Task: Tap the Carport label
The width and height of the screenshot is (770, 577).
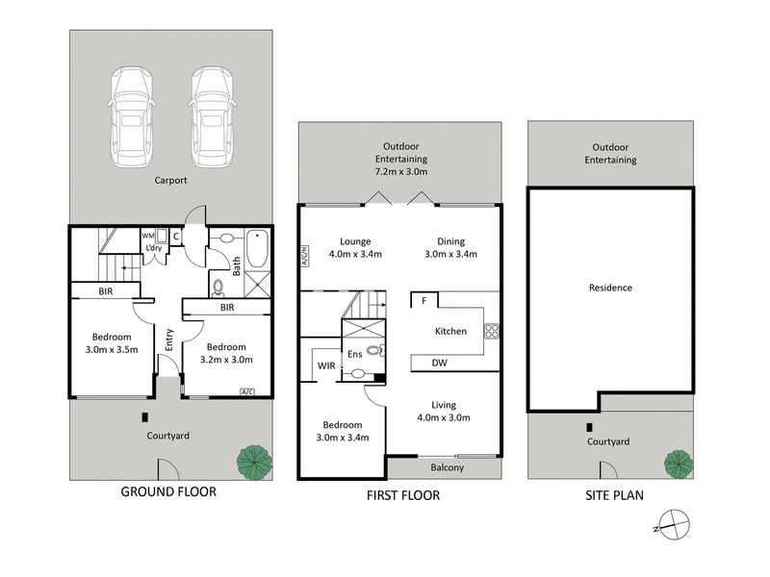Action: (x=169, y=180)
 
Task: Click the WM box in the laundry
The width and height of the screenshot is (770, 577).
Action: (x=147, y=235)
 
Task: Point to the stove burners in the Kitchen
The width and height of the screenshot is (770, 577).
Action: (x=491, y=331)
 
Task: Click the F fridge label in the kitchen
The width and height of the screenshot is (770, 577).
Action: (x=423, y=301)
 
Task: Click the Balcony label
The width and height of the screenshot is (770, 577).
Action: (x=445, y=468)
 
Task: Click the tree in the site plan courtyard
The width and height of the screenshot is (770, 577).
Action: (x=678, y=463)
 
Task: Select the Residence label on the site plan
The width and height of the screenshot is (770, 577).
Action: (x=610, y=288)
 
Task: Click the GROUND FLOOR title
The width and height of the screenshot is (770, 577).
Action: (x=167, y=491)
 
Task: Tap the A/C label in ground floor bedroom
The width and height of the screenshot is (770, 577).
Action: (x=247, y=391)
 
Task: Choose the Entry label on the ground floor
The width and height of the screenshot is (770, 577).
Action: (x=169, y=339)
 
